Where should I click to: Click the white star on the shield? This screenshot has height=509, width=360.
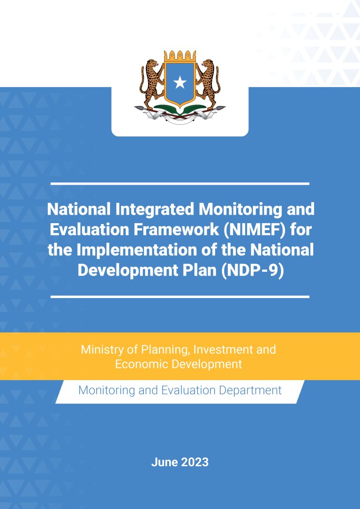(180, 82)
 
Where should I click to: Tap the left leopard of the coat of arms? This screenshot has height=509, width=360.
(151, 84)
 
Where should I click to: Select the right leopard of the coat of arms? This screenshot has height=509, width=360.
(208, 84)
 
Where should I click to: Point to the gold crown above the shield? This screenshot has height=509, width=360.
(180, 56)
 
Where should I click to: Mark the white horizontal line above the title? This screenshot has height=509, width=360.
(180, 184)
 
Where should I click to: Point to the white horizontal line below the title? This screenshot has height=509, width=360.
(180, 297)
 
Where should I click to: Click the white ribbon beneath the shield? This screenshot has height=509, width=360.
(180, 116)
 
